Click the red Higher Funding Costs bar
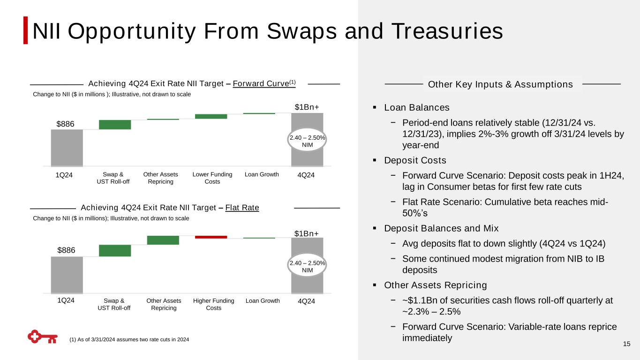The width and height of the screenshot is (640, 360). [211, 237]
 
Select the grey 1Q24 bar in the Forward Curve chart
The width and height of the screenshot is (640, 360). [67, 148]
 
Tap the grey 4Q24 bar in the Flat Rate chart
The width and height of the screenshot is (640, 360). [307, 281]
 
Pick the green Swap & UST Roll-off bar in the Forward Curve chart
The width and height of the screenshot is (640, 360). [115, 125]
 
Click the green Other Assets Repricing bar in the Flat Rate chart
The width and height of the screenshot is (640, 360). [163, 240]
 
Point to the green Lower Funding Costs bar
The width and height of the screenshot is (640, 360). [211, 116]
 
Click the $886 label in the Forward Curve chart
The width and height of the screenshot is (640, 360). [66, 124]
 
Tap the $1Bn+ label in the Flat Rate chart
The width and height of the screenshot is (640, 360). [307, 233]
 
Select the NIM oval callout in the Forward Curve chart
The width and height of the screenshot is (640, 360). [307, 142]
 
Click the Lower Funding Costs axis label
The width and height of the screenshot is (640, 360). [212, 178]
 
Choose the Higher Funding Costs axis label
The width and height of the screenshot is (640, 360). [214, 304]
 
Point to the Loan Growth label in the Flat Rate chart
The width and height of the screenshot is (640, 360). [263, 301]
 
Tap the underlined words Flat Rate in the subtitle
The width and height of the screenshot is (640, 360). [242, 208]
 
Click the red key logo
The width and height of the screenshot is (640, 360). [42, 337]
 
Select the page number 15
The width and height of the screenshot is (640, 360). [626, 345]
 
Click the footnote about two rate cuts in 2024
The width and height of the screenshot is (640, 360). [129, 339]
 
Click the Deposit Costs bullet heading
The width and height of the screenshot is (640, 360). [415, 160]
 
